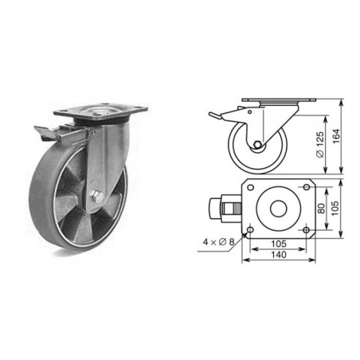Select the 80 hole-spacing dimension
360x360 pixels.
point(319,209)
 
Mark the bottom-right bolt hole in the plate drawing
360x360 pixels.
point(306,231)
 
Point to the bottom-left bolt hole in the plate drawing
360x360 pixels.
point(250,231)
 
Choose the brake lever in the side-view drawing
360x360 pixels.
point(217,117)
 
